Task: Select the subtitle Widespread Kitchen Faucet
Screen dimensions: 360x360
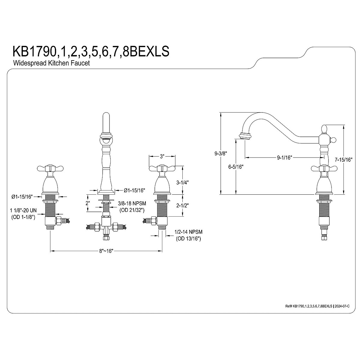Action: tap(52, 64)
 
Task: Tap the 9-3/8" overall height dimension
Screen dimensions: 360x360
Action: tap(220, 154)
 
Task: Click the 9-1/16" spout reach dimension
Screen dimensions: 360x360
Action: tap(284, 157)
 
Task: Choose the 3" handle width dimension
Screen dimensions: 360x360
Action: tap(162, 156)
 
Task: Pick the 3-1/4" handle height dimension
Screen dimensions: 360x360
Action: tap(182, 182)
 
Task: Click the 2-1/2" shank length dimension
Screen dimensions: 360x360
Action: tap(182, 205)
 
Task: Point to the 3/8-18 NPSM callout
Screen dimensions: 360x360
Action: tap(132, 204)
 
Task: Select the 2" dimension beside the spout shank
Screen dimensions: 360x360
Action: tap(88, 203)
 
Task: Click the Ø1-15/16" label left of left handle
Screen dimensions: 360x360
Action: tap(22, 197)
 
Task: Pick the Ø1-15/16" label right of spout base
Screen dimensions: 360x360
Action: tap(134, 190)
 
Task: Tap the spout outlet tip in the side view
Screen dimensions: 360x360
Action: tap(245, 136)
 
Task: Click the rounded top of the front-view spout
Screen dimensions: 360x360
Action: tap(106, 115)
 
